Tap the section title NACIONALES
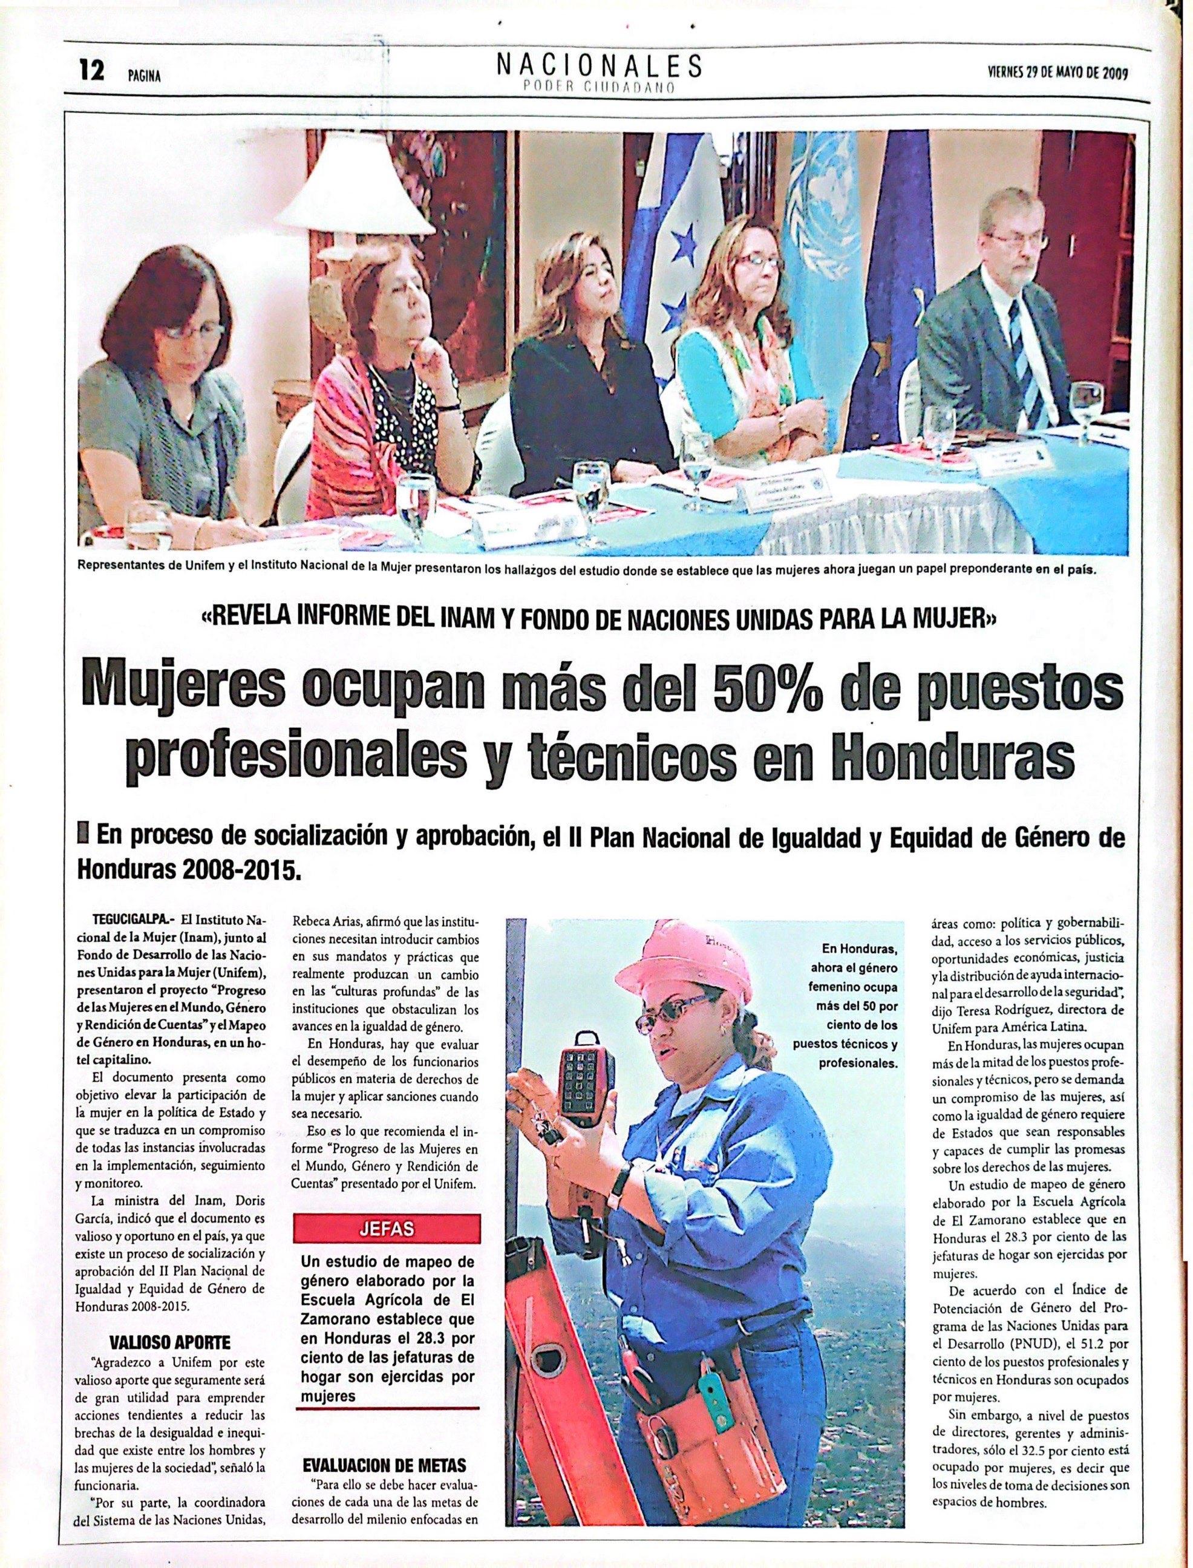[x=600, y=65]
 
